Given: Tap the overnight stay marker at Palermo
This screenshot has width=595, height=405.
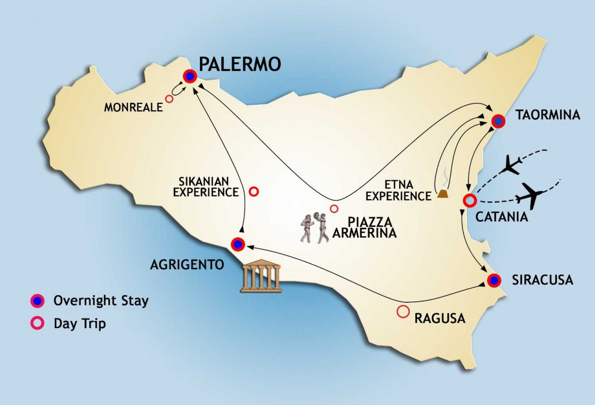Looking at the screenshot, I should click(190, 76).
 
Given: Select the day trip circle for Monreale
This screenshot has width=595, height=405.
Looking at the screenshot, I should click(169, 99).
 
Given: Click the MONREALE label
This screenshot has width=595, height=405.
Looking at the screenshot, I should click(134, 107).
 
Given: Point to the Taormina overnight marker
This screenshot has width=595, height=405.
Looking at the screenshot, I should click(498, 121).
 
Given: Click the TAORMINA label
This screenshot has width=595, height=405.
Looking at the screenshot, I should click(547, 115).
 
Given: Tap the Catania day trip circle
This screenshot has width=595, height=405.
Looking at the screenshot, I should click(469, 200).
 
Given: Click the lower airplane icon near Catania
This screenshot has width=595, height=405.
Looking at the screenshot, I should click(532, 195).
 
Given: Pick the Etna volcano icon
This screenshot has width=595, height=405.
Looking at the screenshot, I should click(444, 191).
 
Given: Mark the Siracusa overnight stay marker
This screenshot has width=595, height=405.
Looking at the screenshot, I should click(494, 280).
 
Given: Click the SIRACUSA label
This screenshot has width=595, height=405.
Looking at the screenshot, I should click(541, 279).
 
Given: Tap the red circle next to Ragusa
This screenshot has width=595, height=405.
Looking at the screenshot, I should click(403, 312).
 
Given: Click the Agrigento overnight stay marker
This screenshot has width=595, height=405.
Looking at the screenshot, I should click(238, 245).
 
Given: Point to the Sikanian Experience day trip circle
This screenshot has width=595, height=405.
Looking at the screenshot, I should click(254, 191).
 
